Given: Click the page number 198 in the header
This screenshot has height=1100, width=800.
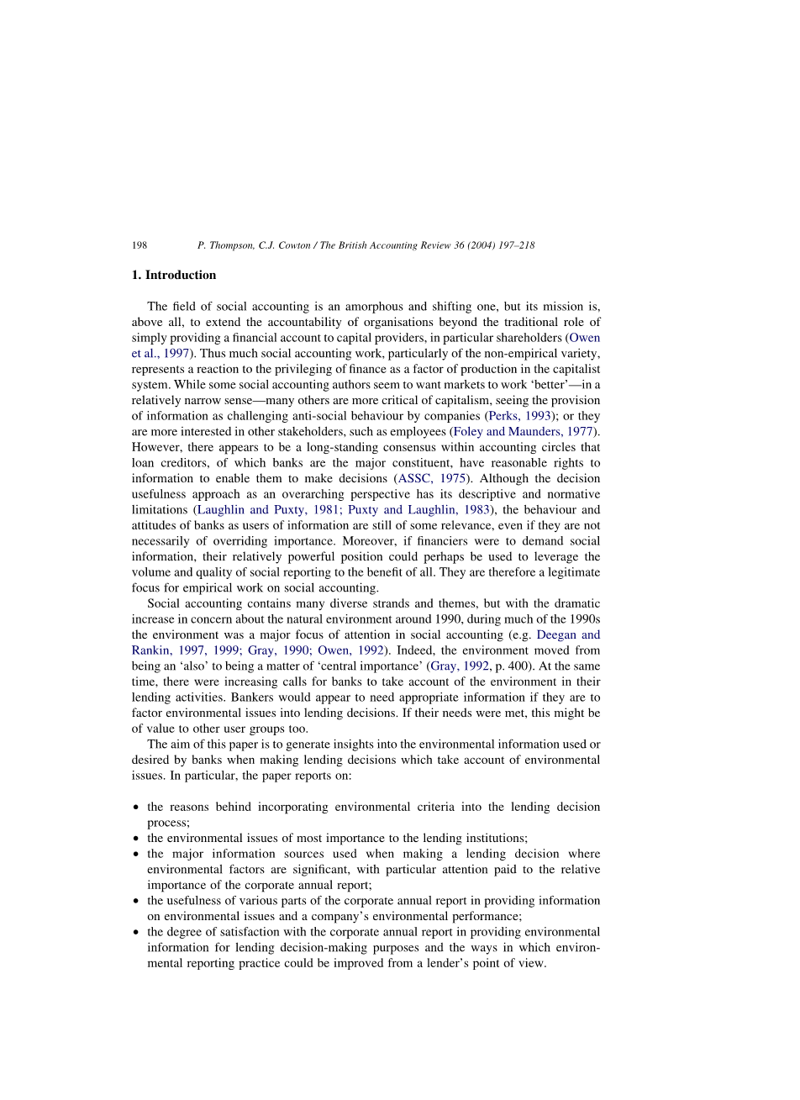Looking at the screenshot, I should click(x=139, y=245).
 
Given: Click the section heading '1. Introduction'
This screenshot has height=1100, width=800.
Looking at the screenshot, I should click(x=174, y=275).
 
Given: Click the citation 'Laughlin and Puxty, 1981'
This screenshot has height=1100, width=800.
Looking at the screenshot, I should click(x=264, y=510).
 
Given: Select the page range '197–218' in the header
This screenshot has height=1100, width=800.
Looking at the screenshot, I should click(x=514, y=245).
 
